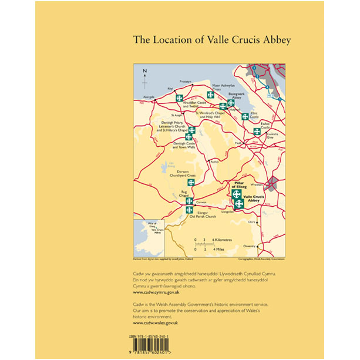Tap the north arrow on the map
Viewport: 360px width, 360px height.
coord(146,76)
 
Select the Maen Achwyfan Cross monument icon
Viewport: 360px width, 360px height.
coord(210,95)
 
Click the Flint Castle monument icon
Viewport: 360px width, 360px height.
coord(245,116)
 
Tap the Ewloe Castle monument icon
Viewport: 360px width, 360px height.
coord(257,131)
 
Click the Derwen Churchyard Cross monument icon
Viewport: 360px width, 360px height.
coord(191,181)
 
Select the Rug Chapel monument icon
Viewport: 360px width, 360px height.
coord(190,200)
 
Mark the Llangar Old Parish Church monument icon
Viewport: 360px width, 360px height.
coord(190,210)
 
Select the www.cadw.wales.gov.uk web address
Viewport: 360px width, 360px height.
coord(155,323)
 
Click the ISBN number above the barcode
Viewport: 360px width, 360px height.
coord(153,336)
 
